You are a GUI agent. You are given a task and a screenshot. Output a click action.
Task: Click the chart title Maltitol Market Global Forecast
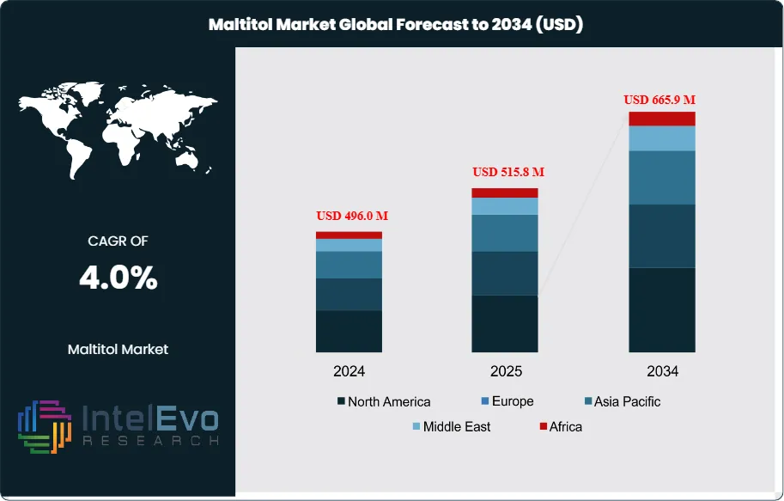(x=396, y=24)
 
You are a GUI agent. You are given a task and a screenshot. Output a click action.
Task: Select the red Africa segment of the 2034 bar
(x=661, y=119)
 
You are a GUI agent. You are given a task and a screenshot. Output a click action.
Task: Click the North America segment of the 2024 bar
(x=349, y=331)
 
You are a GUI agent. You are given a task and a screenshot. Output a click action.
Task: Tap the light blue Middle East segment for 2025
(x=505, y=206)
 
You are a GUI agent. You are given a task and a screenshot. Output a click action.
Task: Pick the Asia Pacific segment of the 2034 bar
(x=661, y=177)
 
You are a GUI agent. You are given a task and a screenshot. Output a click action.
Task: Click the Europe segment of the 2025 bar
(x=505, y=273)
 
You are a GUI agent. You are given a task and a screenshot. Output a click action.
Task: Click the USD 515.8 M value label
(x=508, y=172)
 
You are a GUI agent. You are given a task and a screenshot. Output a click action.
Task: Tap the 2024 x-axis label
(x=349, y=372)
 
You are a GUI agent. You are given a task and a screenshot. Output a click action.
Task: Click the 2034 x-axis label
(x=662, y=372)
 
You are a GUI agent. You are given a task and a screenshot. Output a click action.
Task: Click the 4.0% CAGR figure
(x=118, y=278)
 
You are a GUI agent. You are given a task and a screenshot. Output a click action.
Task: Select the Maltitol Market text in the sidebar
(x=118, y=349)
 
